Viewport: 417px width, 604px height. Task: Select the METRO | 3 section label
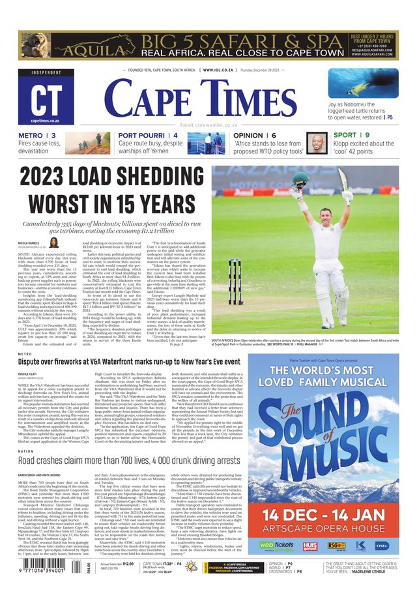[37, 136]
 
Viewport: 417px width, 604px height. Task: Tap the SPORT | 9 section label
[352, 136]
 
